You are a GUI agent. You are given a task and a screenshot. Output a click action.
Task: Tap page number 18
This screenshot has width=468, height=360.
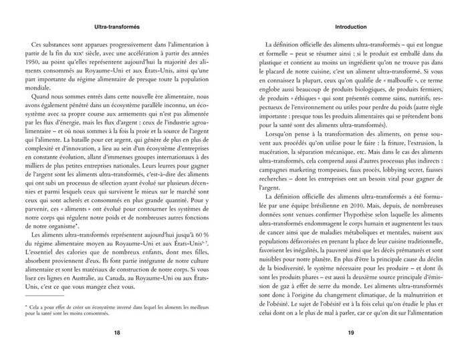pyautogui.click(x=117, y=332)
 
